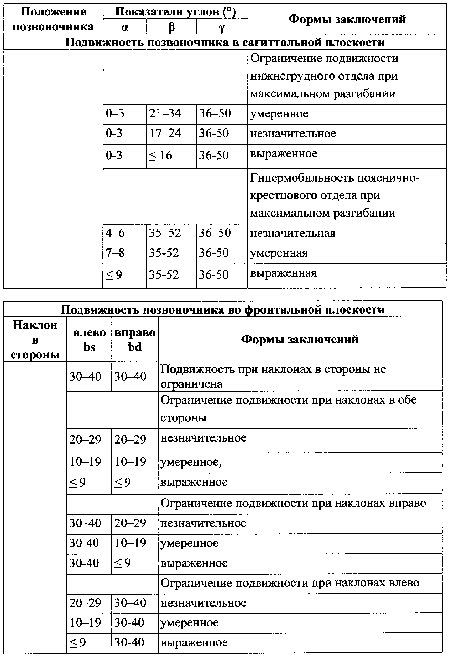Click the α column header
click(124, 27)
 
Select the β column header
click(171, 27)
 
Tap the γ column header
click(222, 27)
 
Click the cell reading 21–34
click(165, 113)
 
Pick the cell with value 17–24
click(165, 133)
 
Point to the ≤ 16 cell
click(160, 155)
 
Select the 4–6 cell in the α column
click(115, 233)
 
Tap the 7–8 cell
click(115, 253)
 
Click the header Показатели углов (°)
click(175, 12)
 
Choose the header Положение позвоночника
click(53, 19)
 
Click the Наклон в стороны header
click(35, 340)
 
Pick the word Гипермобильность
click(302, 178)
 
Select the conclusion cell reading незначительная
click(293, 234)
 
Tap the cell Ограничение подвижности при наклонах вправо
click(293, 503)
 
